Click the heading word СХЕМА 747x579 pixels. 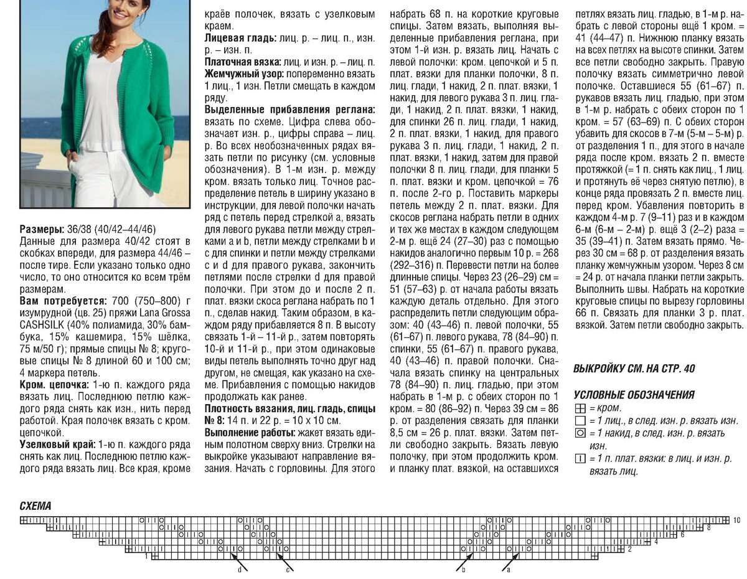(x=35, y=506)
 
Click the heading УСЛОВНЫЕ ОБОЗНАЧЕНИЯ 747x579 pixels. (x=634, y=395)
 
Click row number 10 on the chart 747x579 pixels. (x=736, y=520)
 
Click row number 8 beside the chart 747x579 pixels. (x=708, y=527)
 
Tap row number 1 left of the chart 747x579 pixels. (x=146, y=557)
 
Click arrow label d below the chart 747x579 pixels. (x=240, y=569)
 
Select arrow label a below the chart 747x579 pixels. (x=508, y=569)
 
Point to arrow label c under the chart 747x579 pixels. (x=288, y=569)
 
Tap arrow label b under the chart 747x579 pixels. (x=463, y=569)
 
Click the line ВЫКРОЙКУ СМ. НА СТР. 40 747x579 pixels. (x=634, y=369)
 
